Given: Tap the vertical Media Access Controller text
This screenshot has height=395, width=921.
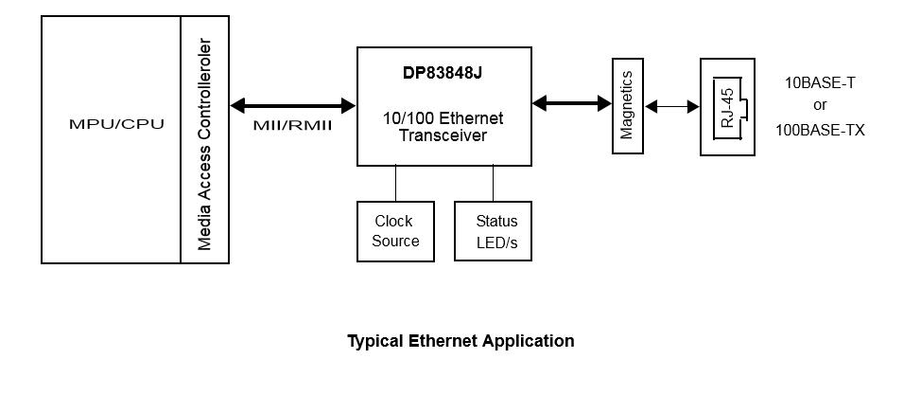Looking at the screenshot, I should [205, 144].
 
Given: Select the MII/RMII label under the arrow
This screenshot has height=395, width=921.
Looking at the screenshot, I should [292, 125].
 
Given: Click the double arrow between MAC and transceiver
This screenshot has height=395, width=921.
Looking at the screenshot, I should [292, 106].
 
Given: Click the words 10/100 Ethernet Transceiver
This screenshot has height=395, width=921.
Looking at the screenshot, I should [443, 127].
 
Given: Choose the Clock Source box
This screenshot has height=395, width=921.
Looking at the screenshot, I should [395, 231].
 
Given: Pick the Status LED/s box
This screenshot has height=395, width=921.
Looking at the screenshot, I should [493, 231].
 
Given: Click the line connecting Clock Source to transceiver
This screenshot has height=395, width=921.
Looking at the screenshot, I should [396, 183].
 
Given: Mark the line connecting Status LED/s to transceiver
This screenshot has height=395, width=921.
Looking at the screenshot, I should [493, 183].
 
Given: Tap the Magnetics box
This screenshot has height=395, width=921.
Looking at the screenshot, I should [626, 105].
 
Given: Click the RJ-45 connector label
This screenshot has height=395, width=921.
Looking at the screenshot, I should [727, 108].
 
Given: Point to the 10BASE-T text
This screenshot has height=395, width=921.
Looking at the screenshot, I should [820, 83].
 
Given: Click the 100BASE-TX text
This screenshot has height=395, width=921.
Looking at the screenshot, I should [820, 131].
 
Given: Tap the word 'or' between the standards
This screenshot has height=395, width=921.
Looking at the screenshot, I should [820, 106].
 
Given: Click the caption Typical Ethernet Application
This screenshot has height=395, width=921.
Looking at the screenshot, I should [460, 341].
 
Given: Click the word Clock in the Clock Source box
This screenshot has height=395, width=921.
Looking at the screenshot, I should [393, 222].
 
